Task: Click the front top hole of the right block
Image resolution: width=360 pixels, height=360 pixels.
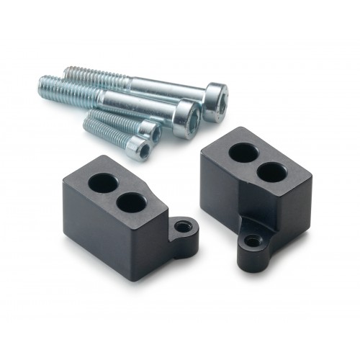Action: (271, 172)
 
